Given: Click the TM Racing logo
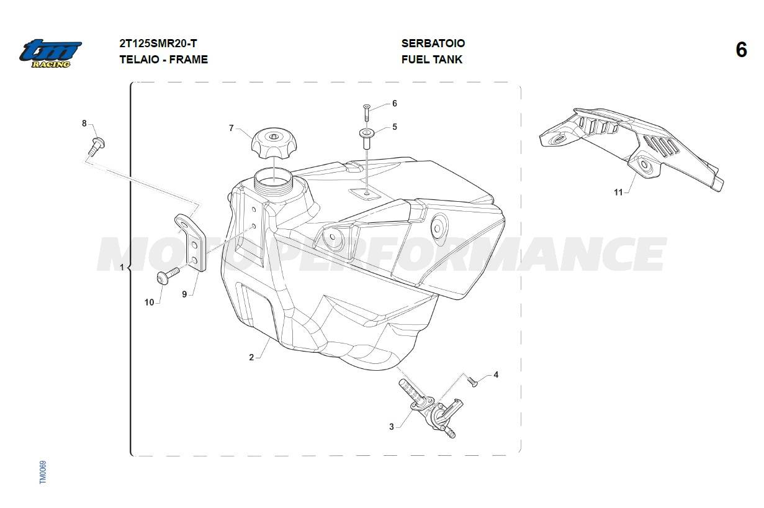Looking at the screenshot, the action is pyautogui.click(x=50, y=53).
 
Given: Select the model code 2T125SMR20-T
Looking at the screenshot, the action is pyautogui.click(x=158, y=43).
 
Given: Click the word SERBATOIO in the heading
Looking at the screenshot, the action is pyautogui.click(x=433, y=43).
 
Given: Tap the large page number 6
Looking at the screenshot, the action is pyautogui.click(x=741, y=50).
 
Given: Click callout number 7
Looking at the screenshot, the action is pyautogui.click(x=231, y=128).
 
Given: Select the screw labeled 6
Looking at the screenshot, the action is pyautogui.click(x=367, y=112).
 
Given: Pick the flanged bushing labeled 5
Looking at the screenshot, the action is pyautogui.click(x=367, y=138).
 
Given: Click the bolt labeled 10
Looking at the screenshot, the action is pyautogui.click(x=168, y=276).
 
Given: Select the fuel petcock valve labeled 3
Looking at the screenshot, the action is pyautogui.click(x=431, y=408).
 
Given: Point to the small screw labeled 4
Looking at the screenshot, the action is pyautogui.click(x=472, y=381).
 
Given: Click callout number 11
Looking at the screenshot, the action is pyautogui.click(x=618, y=193).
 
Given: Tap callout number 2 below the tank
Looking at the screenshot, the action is pyautogui.click(x=251, y=358).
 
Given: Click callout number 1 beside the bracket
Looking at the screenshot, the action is pyautogui.click(x=122, y=267).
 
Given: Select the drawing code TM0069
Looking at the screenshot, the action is pyautogui.click(x=43, y=472).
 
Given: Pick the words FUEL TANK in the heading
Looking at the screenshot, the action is pyautogui.click(x=432, y=60).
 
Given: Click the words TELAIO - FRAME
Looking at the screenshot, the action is pyautogui.click(x=164, y=60).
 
